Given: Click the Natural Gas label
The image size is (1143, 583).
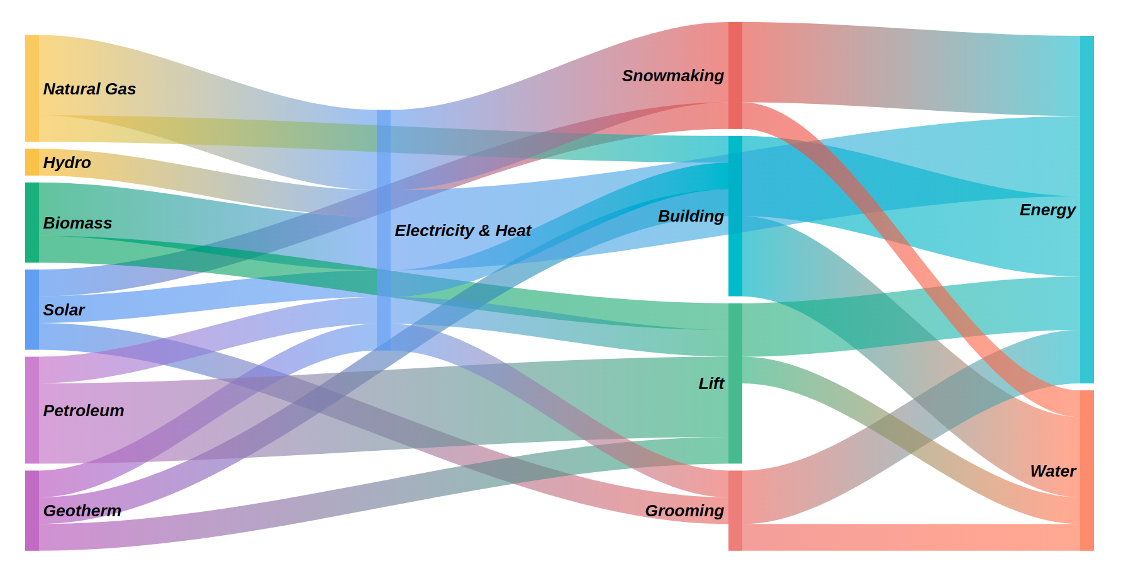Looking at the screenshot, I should [89, 89].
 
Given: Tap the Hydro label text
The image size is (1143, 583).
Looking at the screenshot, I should [67, 163].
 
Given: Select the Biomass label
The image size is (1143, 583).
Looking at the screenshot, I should [77, 224].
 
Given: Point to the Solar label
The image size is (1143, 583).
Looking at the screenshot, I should [64, 310].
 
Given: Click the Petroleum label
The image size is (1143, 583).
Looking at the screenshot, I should [84, 411].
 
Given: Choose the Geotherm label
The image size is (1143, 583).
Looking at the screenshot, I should [82, 511].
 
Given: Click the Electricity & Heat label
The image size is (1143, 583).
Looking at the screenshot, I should [462, 231].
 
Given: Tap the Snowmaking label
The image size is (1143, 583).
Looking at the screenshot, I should [672, 76].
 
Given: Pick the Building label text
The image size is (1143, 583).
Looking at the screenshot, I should [690, 217].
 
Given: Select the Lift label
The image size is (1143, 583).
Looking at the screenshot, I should [711, 384].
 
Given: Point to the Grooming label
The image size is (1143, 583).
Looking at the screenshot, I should [684, 511].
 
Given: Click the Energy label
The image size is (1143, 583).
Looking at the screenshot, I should [1047, 210].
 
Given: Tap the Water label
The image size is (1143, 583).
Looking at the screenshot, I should [1052, 472].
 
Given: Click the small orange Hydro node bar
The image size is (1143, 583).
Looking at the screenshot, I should [32, 162].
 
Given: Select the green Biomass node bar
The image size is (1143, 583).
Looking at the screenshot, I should [32, 223].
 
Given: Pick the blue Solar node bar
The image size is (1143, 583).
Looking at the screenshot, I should [32, 310].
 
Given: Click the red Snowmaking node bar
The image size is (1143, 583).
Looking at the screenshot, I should [735, 76].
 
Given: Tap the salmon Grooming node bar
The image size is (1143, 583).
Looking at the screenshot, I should [735, 511].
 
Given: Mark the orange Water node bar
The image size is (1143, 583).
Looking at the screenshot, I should [1086, 470].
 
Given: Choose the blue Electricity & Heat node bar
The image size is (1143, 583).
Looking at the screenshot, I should [383, 230].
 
